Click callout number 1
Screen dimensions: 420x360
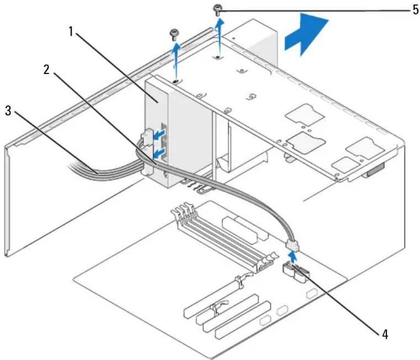(71, 32)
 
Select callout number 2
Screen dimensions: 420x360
(47, 70)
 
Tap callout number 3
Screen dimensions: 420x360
(8, 110)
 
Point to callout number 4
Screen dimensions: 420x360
(385, 334)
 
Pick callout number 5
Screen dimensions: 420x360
(415, 10)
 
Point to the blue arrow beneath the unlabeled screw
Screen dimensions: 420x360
(176, 62)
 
